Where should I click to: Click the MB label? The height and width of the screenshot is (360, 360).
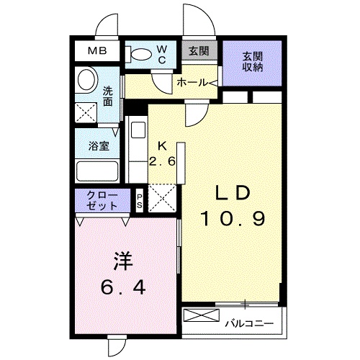coord(97,51)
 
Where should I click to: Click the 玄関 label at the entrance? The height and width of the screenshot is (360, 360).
coord(199,51)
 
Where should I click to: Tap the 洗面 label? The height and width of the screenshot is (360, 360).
coord(107,97)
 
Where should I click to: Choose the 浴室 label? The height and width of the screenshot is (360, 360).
coord(98,144)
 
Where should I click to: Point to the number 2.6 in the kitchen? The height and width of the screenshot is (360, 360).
coord(163,161)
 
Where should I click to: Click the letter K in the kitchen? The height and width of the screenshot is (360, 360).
coord(163,144)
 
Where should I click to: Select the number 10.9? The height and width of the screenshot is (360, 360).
coord(233,219)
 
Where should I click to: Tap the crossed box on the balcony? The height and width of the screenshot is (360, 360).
coord(201,315)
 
